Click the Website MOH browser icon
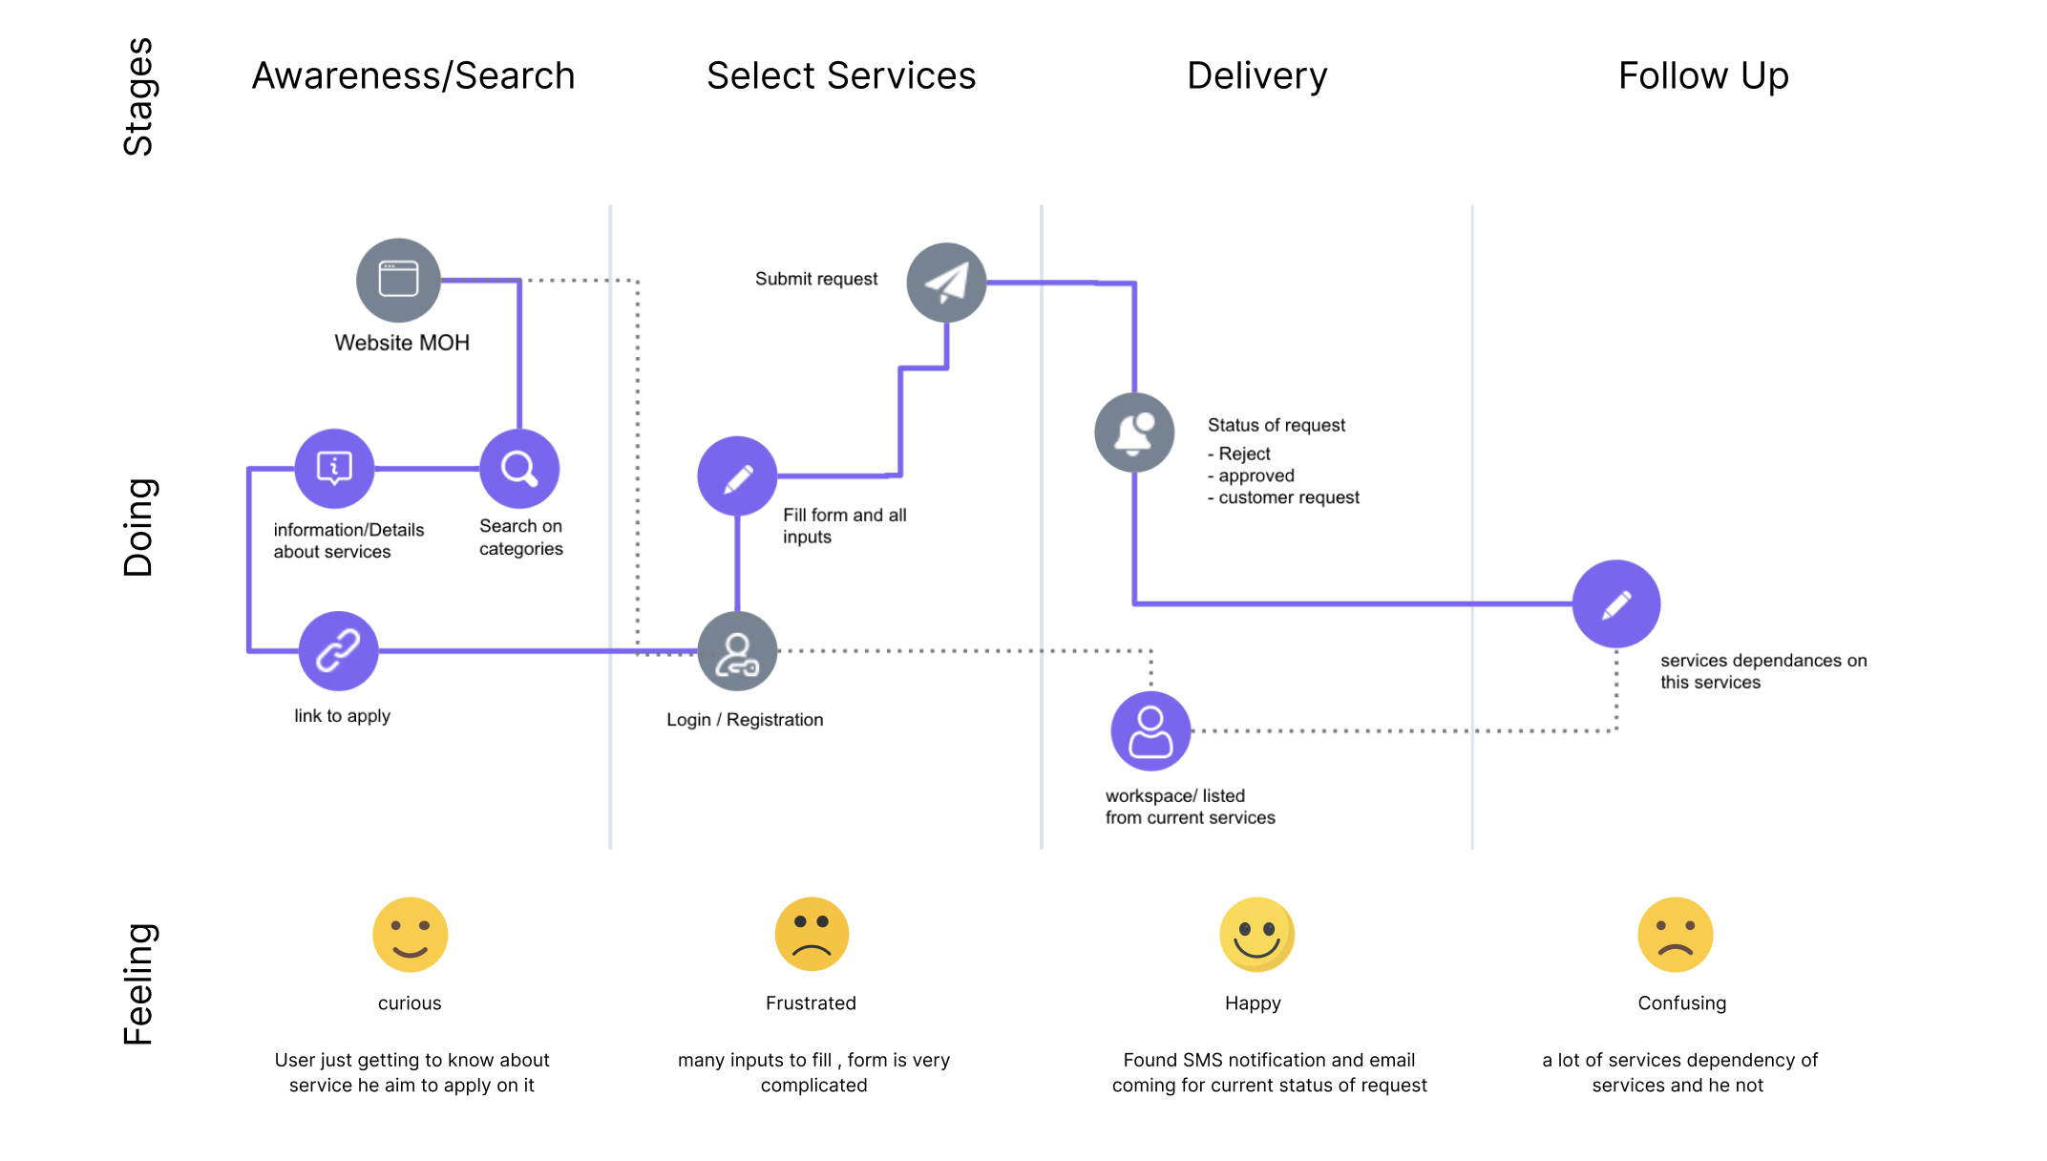point(398,280)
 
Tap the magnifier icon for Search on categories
point(519,469)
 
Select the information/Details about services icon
point(334,469)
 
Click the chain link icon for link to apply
point(338,651)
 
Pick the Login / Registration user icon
point(737,652)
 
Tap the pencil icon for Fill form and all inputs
point(737,476)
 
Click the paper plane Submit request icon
point(946,283)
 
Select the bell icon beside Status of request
point(1134,433)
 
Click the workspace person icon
point(1150,731)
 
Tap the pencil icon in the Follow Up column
point(1616,604)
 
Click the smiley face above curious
point(410,935)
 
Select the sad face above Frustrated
point(812,935)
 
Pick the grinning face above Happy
point(1256,935)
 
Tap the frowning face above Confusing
point(1676,935)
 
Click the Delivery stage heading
point(1256,75)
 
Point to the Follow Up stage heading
point(1703,75)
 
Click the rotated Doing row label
point(138,527)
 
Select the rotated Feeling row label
point(138,983)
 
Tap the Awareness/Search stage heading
point(413,75)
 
